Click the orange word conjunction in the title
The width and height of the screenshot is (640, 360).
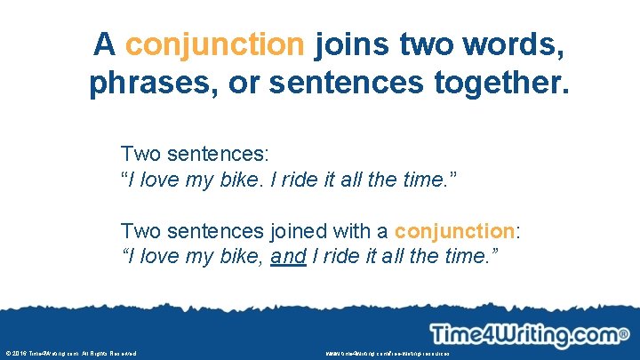[x=214, y=44]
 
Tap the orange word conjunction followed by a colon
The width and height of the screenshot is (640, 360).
[x=454, y=231]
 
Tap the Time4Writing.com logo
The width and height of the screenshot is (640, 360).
[x=524, y=335]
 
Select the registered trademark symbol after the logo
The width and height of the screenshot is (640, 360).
[x=624, y=335]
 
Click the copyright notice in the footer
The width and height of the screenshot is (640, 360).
[x=71, y=354]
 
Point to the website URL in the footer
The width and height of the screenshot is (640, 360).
[x=388, y=354]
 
